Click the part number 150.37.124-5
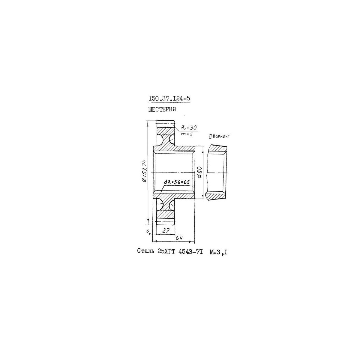[x=169, y=98]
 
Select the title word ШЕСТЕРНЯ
[x=162, y=109]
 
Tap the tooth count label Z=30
[x=188, y=127]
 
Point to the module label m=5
[x=187, y=134]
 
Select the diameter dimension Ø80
[x=199, y=172]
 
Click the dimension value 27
[x=166, y=231]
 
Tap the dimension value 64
[x=179, y=238]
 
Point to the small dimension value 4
[x=148, y=232]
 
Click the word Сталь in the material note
[x=146, y=251]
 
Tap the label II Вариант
[x=219, y=136]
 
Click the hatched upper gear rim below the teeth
[x=166, y=130]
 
